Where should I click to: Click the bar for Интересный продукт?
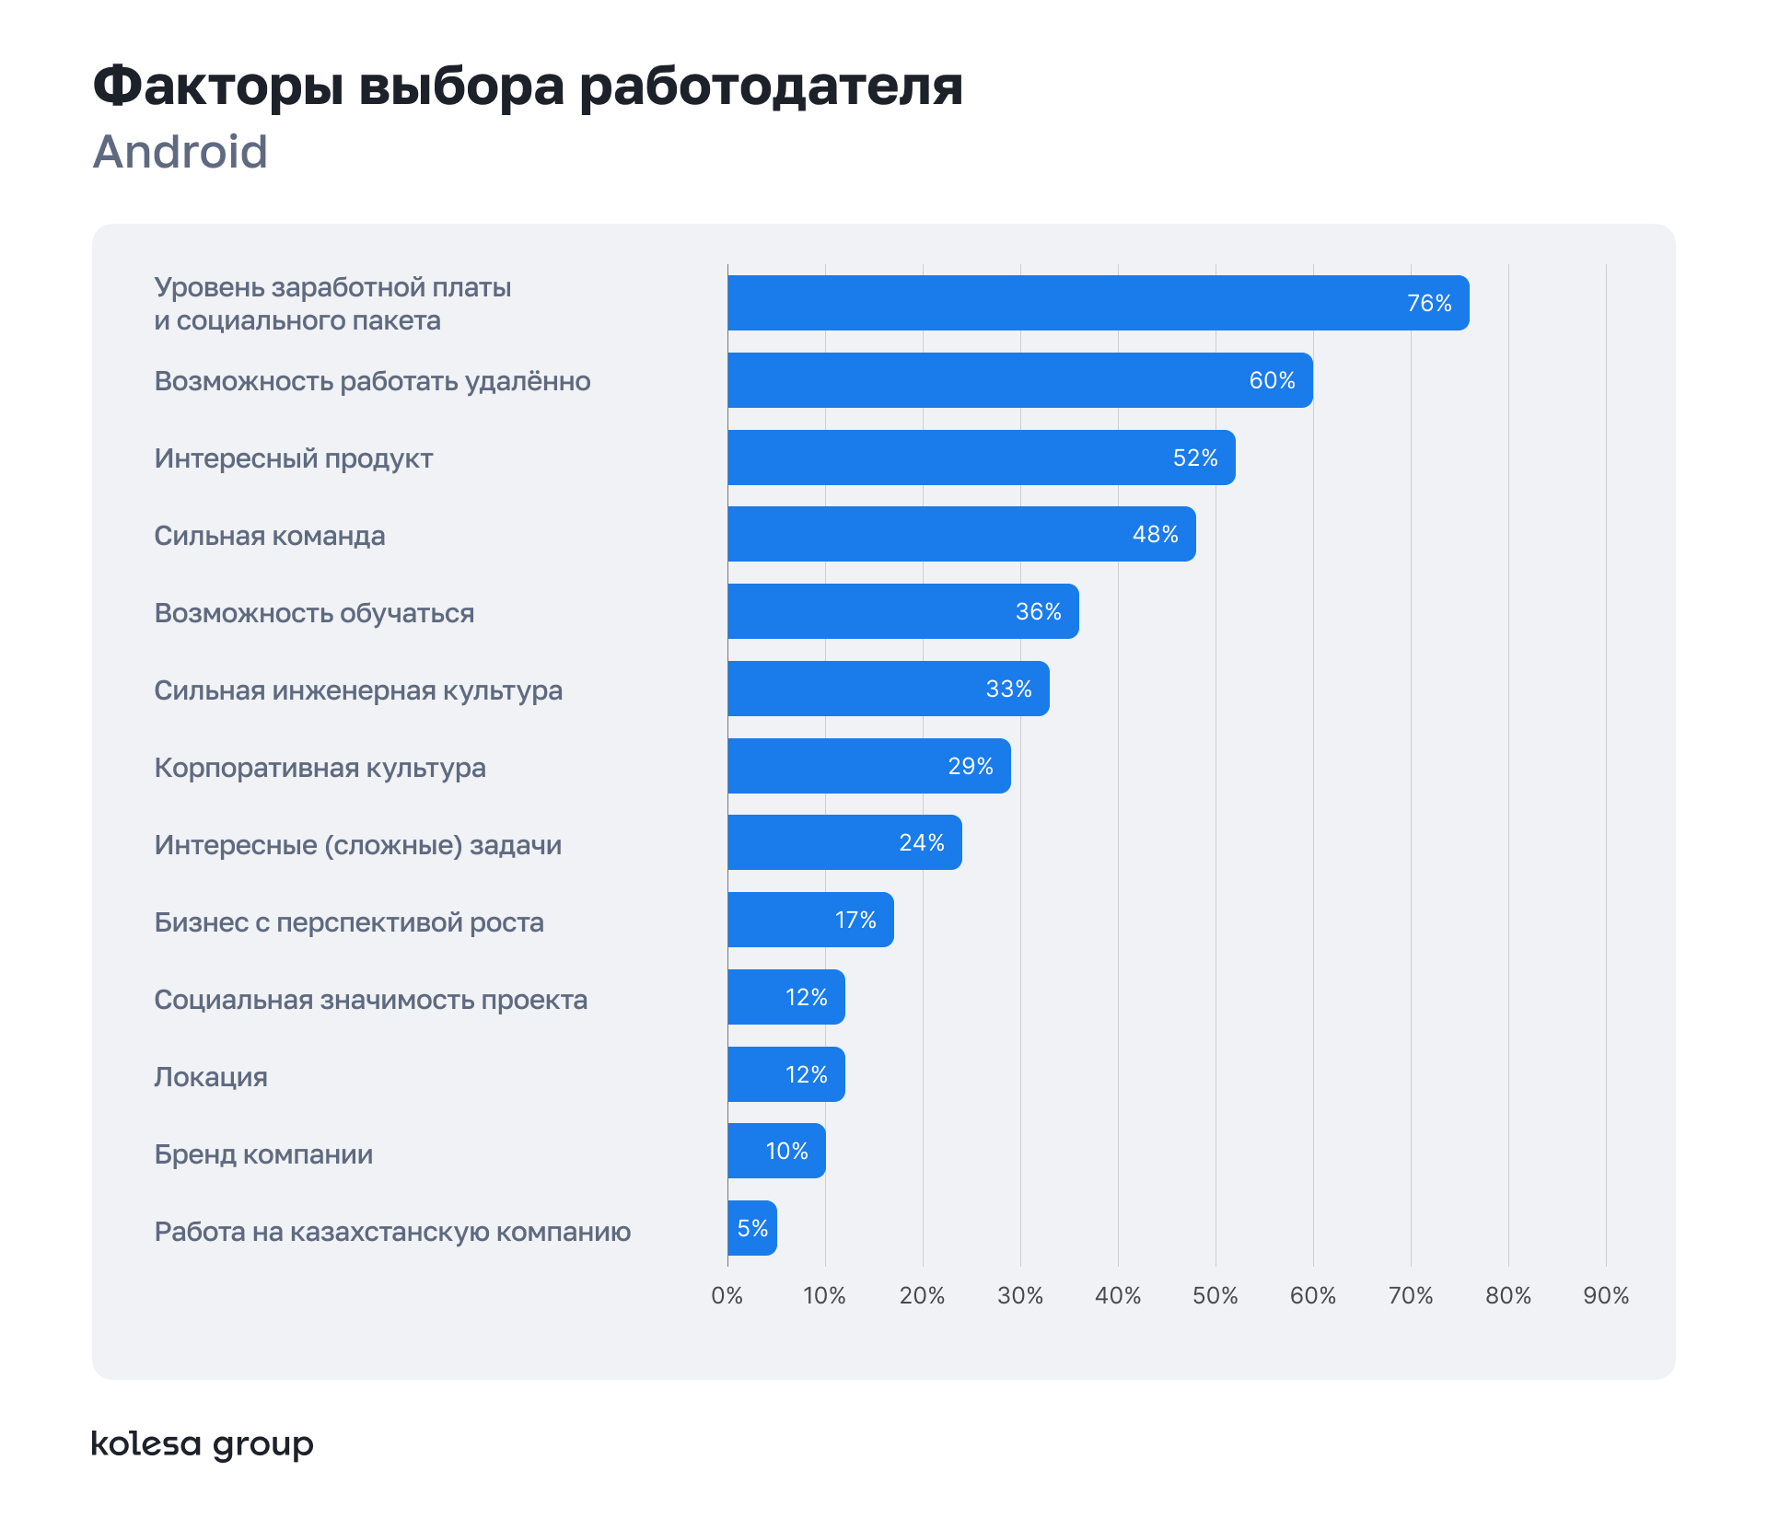tap(981, 458)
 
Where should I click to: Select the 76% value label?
tap(1429, 303)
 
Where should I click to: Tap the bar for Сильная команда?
tap(961, 534)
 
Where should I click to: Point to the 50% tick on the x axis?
tap(1215, 1296)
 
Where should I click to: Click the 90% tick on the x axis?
tap(1606, 1296)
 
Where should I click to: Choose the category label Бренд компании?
tap(263, 1154)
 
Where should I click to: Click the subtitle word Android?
tap(180, 152)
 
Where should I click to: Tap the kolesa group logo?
tap(203, 1444)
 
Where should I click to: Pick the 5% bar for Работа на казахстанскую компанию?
tap(751, 1228)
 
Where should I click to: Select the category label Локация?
tap(211, 1077)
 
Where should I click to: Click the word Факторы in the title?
tap(218, 87)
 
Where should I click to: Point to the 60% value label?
tap(1272, 380)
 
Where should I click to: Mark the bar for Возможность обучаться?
tap(902, 611)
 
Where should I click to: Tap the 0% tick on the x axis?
tap(727, 1296)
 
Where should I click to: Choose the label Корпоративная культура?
tap(320, 768)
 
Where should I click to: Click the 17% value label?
tap(855, 920)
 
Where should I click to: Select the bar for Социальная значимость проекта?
tap(785, 997)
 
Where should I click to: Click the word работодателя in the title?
tap(771, 87)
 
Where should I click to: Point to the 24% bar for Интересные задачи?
tap(844, 842)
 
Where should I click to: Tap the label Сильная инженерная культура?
tap(358, 690)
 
